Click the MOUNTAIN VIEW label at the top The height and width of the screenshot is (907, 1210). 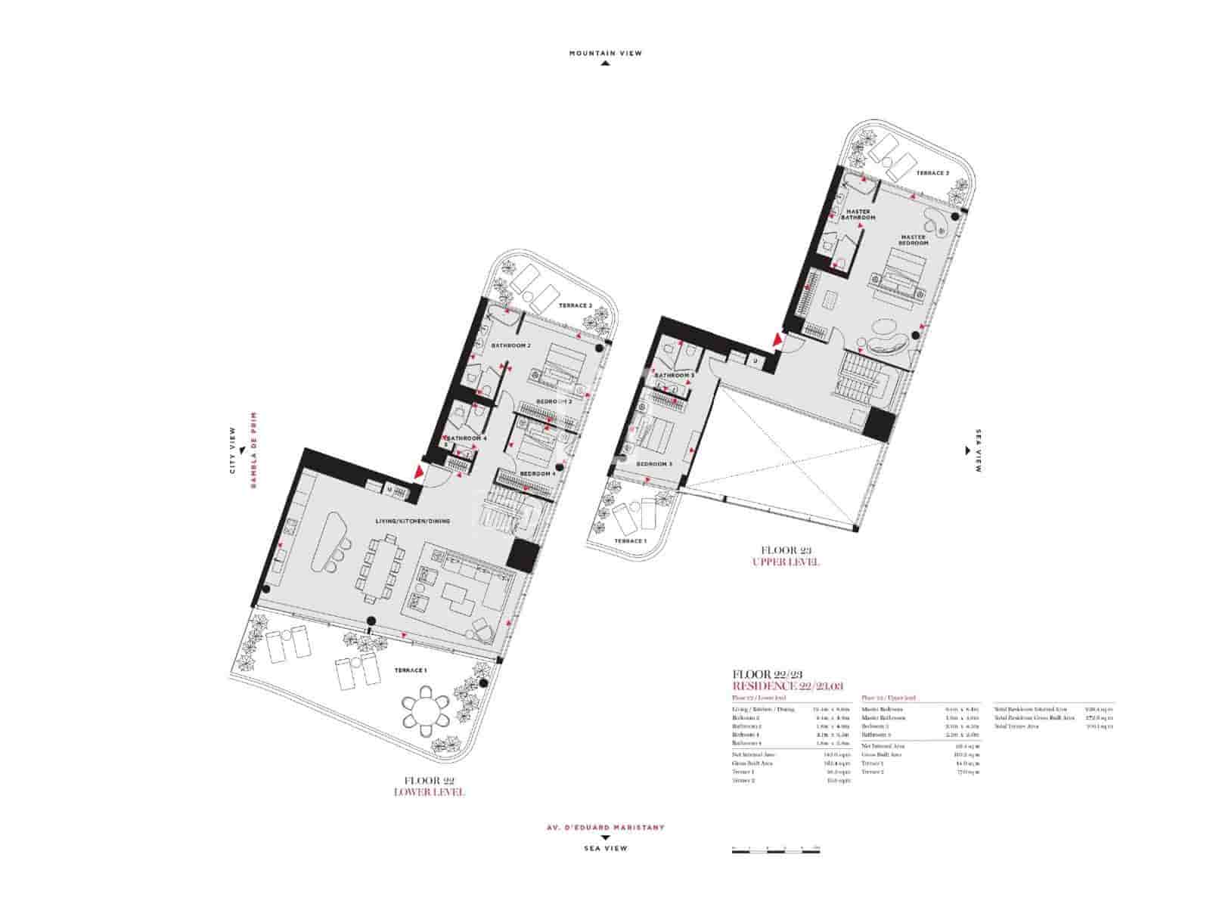[x=605, y=54]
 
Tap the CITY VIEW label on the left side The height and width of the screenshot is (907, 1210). [x=233, y=451]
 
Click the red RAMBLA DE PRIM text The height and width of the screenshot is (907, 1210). [x=253, y=450]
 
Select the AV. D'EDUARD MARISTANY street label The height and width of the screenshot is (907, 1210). [x=605, y=827]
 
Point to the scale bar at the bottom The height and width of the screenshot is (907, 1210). [x=776, y=852]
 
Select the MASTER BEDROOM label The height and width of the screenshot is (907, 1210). [x=913, y=240]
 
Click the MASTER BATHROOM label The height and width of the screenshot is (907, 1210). [x=861, y=214]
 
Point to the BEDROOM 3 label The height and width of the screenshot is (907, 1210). [x=654, y=464]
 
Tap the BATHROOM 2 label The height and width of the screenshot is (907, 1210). [x=510, y=345]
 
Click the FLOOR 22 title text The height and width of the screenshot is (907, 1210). [x=429, y=780]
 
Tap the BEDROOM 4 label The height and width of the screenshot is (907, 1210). [x=537, y=474]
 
